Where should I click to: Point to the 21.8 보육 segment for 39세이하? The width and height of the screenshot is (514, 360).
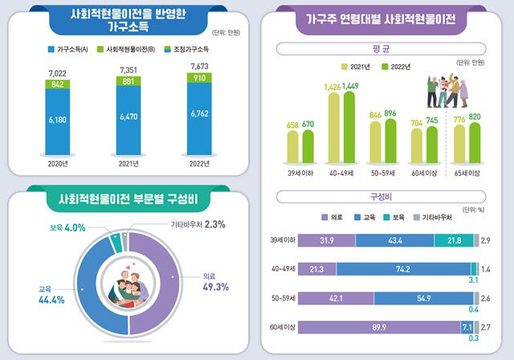click(454, 239)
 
